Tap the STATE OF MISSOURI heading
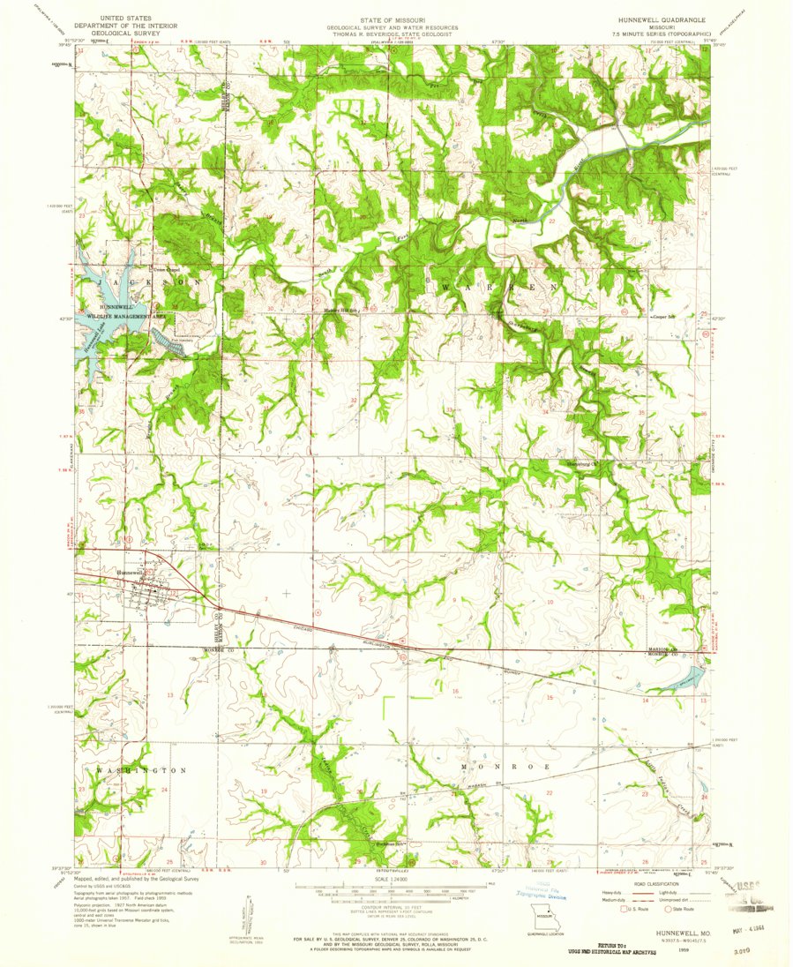(394, 19)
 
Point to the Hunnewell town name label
(130, 572)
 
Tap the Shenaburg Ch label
(580, 465)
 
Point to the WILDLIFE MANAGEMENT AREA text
(125, 314)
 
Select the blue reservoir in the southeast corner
(686, 678)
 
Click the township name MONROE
(505, 768)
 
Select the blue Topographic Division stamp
(540, 888)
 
